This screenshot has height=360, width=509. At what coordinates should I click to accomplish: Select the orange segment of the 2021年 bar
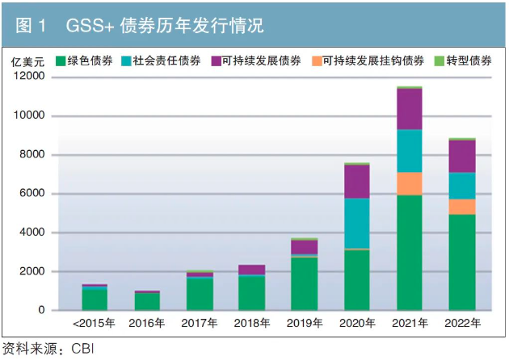coord(410,184)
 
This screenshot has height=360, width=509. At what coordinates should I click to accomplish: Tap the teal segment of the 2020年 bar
coord(356,224)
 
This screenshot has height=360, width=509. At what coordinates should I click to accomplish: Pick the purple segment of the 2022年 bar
coord(461,156)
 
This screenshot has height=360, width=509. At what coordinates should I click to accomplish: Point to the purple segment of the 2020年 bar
coord(356,182)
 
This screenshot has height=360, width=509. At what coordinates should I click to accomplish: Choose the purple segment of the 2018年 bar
coord(252,270)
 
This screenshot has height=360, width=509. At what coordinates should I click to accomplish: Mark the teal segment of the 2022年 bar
coord(461,186)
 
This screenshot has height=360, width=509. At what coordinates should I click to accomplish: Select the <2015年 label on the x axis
coord(95,324)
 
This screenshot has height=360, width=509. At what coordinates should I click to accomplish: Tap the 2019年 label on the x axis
coord(305,324)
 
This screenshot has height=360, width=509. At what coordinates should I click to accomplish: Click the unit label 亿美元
coord(26,61)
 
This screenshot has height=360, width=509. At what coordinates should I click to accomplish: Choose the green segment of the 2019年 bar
coord(305,283)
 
